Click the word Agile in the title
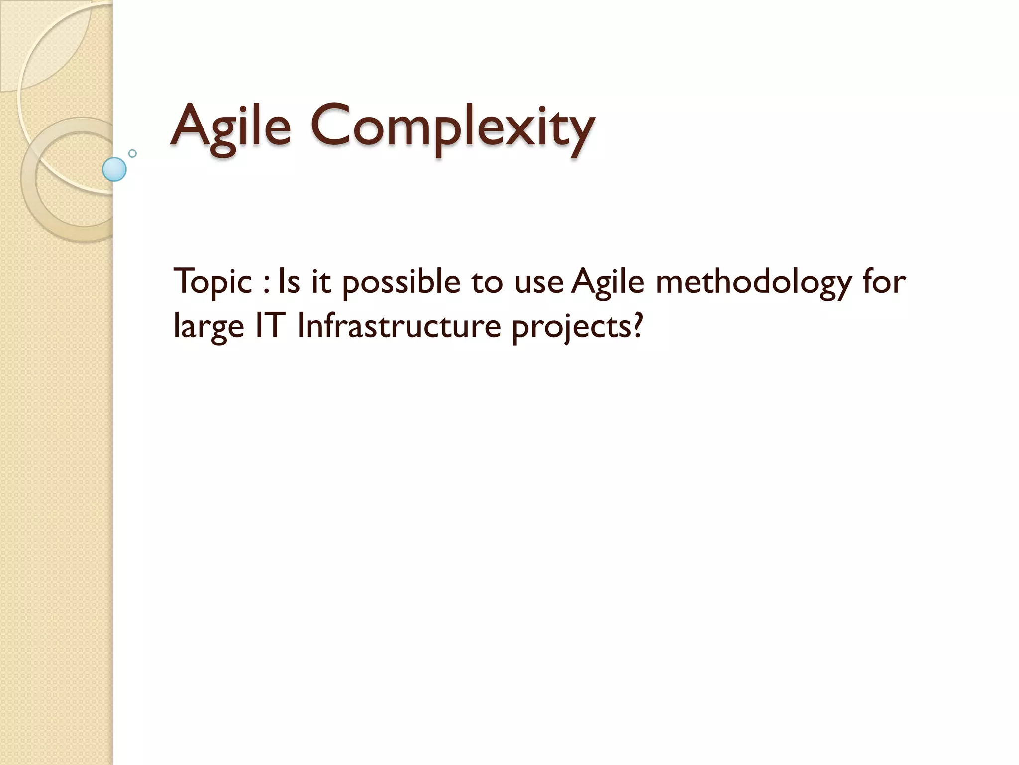coord(230,127)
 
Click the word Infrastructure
coord(399,327)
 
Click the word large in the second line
coord(209,327)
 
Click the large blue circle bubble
coord(114,169)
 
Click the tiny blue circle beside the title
coord(132,153)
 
